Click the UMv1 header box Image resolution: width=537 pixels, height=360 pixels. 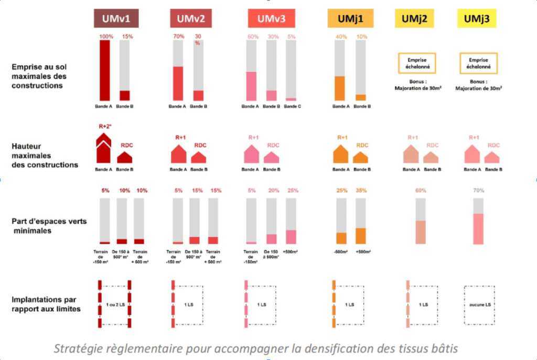[x=116, y=19]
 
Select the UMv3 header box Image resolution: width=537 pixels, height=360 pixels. [x=271, y=19]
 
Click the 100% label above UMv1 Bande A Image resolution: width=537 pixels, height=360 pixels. [x=106, y=37]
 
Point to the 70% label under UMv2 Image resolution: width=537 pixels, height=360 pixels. [x=178, y=37]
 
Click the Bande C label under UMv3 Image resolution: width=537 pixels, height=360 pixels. [x=291, y=106]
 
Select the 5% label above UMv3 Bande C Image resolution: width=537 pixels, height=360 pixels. [x=291, y=37]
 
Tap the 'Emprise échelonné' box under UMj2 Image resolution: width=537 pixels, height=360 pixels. [x=417, y=63]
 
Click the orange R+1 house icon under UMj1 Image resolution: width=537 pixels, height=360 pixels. [x=341, y=153]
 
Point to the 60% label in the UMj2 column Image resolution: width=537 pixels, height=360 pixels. [x=421, y=191]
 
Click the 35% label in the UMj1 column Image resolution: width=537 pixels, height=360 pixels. [x=362, y=191]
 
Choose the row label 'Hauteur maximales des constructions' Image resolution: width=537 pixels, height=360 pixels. [x=45, y=156]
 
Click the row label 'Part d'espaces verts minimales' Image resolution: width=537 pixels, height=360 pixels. [x=48, y=226]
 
